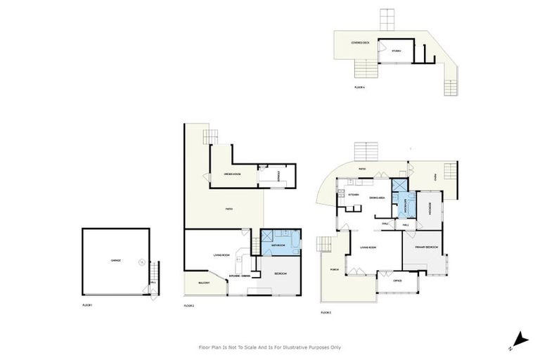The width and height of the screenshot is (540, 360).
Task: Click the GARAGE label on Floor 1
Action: pos(115,261)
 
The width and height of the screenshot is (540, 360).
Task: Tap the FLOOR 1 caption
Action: pos(88,304)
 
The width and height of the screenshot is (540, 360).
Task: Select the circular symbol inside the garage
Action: pos(142,262)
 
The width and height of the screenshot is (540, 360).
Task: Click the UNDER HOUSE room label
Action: pos(233,173)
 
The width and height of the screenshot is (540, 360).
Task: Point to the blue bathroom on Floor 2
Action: pos(279,243)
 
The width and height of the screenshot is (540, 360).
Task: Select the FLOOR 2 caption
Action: pos(188,306)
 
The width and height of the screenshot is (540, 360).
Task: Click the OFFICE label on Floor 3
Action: pos(397,280)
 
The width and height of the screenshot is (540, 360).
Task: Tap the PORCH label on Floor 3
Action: pos(334,269)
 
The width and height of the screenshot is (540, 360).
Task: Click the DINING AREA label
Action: pos(377,198)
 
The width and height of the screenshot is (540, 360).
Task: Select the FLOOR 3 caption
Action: pos(326,311)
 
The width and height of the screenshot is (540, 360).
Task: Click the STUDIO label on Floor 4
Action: pos(397,51)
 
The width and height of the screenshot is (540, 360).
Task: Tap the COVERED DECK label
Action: pos(361,43)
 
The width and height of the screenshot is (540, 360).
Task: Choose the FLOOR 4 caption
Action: pos(359,87)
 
